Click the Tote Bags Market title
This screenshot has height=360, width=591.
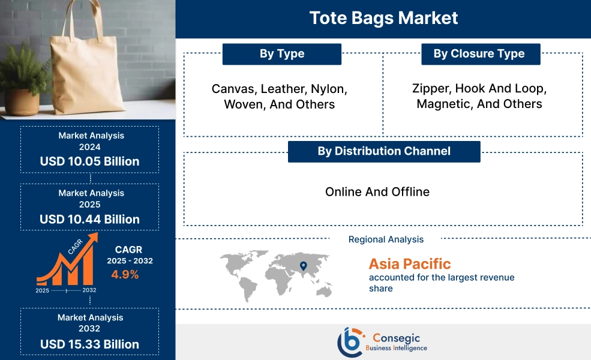383,18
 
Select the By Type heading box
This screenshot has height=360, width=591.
281,54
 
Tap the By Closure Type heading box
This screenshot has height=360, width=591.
479,54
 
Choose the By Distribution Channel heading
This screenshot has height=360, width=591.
384,151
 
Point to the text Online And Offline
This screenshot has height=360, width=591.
377,192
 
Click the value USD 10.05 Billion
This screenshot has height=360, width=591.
89,161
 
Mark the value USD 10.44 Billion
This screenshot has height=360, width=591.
89,219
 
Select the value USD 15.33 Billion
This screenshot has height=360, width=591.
89,344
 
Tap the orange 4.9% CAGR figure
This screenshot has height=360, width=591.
125,275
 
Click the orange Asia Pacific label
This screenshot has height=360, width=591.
410,264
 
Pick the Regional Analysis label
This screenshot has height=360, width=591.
386,239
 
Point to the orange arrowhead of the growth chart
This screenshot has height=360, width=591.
93,238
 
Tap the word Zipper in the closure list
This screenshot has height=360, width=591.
431,89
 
